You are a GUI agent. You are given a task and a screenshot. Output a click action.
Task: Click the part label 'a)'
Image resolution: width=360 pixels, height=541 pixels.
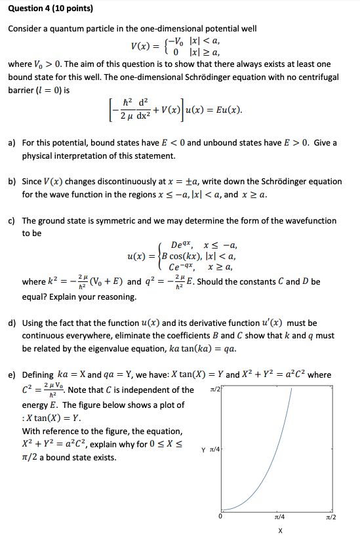coord(12,143)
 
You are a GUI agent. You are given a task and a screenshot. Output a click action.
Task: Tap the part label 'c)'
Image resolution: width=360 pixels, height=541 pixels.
coord(12,221)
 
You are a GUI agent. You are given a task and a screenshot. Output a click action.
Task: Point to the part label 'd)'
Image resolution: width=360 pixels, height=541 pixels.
coord(12,323)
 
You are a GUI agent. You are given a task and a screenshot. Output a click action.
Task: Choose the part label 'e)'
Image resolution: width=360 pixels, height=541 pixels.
coord(12,375)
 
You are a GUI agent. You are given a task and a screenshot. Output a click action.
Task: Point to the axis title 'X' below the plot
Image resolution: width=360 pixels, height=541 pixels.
coord(281,532)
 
